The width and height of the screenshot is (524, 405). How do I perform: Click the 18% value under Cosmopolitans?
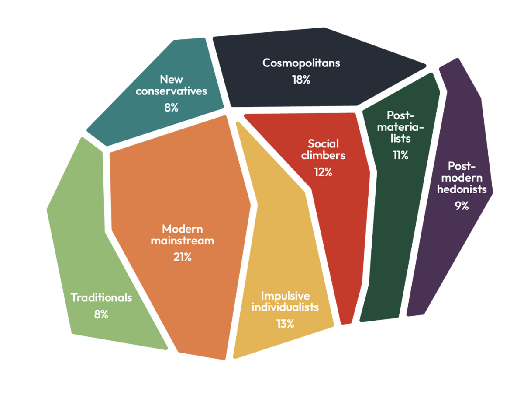(301, 80)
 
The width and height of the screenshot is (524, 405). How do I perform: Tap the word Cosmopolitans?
(301, 63)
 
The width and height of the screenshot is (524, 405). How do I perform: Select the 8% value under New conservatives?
(171, 108)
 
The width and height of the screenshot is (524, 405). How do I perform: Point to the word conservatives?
(171, 91)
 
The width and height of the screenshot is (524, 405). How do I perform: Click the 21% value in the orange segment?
(182, 257)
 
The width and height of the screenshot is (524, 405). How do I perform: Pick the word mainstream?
(182, 241)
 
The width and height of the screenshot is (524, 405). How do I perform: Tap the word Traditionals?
(101, 297)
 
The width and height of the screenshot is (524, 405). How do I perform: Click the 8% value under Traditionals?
(101, 314)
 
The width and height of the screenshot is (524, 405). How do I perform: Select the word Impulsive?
(286, 296)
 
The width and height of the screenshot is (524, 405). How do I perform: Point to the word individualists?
(285, 307)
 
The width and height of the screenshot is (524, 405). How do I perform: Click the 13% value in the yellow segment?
(285, 324)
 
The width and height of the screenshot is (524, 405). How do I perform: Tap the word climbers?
(323, 155)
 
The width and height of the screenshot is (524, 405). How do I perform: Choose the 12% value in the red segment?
(323, 172)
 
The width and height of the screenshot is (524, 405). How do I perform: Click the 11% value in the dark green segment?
(400, 155)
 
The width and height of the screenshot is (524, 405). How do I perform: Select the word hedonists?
(462, 189)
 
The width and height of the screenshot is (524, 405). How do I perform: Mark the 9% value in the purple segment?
(462, 206)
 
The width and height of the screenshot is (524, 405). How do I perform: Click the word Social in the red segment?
(324, 144)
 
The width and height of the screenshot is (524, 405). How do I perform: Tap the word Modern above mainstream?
(182, 229)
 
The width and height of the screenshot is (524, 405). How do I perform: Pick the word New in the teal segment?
(172, 80)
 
